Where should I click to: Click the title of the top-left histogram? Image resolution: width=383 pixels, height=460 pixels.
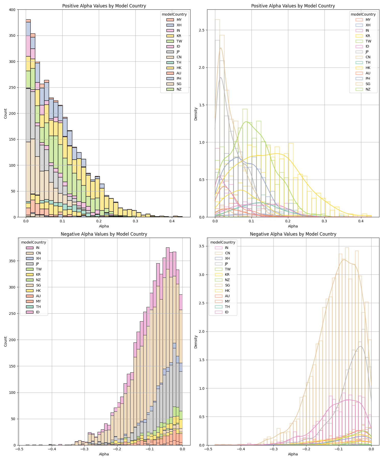[104, 6]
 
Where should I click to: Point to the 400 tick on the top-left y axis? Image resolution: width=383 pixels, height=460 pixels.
[13, 10]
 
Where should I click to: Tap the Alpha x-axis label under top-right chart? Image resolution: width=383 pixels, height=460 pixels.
[293, 226]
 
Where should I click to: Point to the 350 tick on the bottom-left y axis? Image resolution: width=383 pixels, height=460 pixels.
[13, 261]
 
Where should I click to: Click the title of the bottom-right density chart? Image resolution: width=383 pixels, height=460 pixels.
[293, 234]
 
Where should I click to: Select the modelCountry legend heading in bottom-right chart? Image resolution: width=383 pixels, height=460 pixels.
[223, 242]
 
